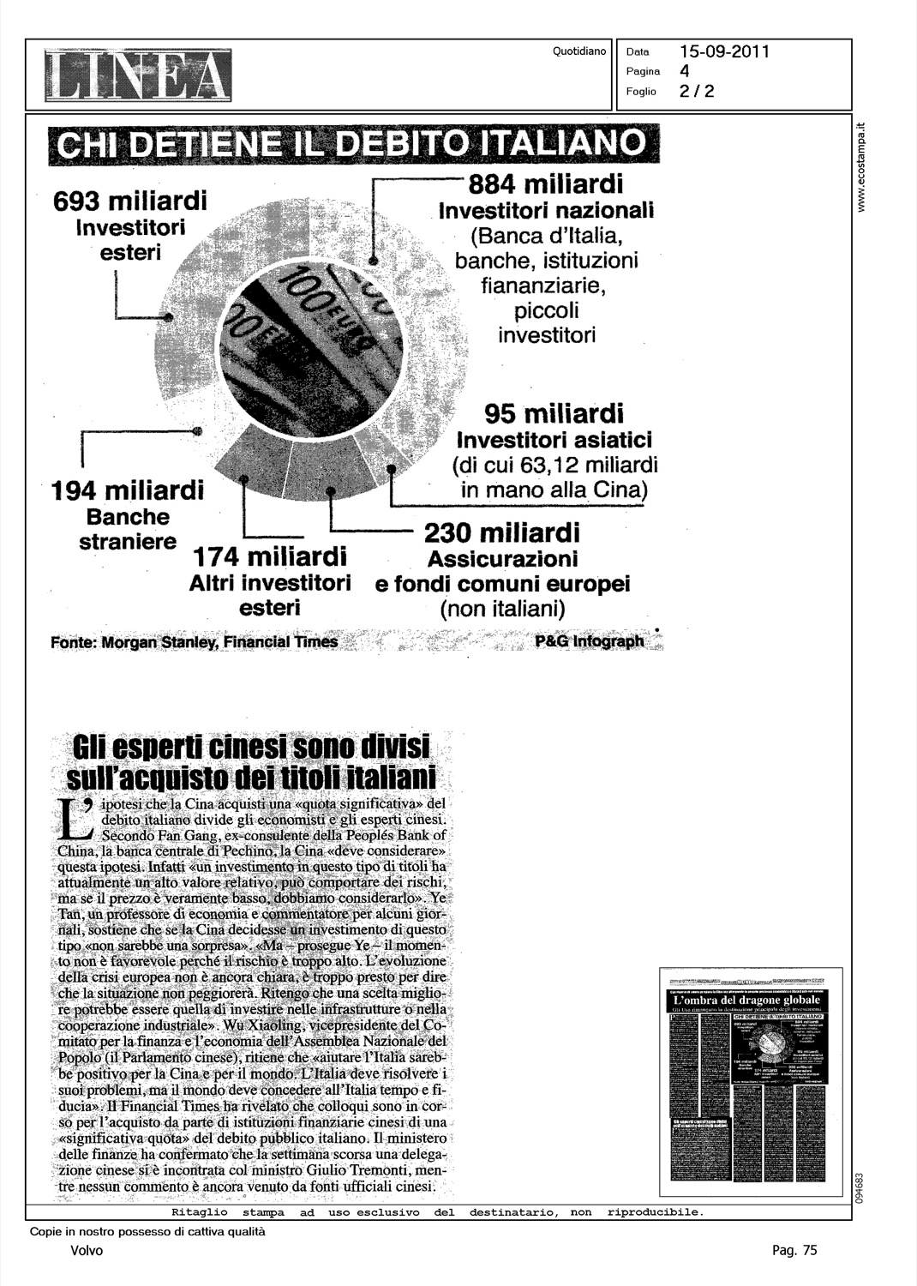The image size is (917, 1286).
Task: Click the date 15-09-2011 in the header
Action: [x=725, y=51]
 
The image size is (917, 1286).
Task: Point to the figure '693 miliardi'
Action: [x=130, y=202]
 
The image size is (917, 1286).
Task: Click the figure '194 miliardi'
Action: [x=128, y=491]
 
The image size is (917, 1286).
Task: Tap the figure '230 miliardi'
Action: [x=502, y=533]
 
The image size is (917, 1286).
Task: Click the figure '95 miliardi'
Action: [x=554, y=413]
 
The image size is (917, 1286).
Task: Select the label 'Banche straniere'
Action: [x=128, y=530]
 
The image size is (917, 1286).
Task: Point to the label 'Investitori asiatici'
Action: [x=554, y=441]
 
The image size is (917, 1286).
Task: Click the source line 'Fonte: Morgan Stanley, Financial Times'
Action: [x=195, y=642]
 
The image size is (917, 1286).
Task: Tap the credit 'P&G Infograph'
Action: [x=589, y=641]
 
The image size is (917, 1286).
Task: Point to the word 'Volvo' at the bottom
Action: [x=87, y=1251]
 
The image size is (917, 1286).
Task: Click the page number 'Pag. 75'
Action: [x=794, y=1251]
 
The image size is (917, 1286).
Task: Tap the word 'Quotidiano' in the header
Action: [x=579, y=51]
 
